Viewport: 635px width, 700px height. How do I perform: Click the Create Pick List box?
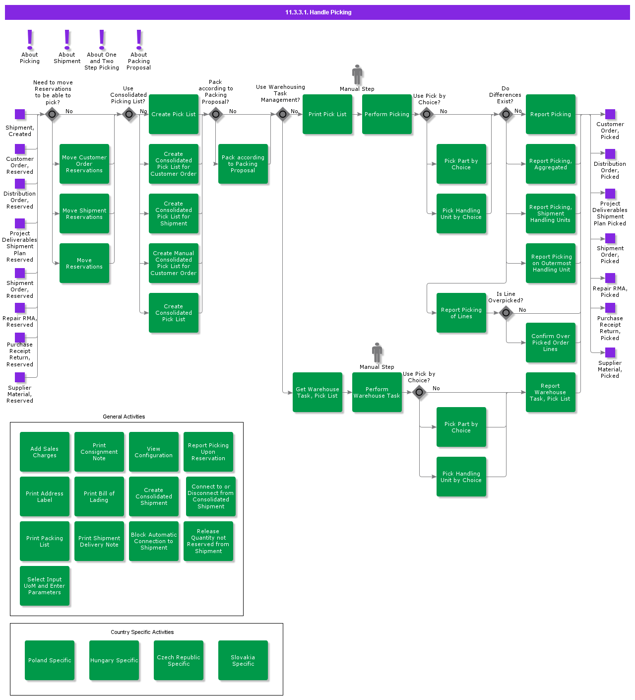pyautogui.click(x=174, y=114)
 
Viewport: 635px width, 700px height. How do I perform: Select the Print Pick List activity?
pyautogui.click(x=327, y=114)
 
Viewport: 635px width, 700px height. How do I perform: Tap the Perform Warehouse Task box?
pyautogui.click(x=377, y=392)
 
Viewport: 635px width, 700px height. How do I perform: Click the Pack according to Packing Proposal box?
pyautogui.click(x=243, y=164)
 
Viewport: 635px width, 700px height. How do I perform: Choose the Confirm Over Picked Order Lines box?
pyautogui.click(x=551, y=343)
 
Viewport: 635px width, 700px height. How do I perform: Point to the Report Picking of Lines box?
pyautogui.click(x=461, y=313)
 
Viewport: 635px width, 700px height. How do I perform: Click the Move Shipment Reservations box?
pyautogui.click(x=84, y=213)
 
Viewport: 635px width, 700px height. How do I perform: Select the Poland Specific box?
pyautogui.click(x=50, y=660)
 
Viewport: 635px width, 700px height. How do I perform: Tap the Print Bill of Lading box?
pyautogui.click(x=99, y=496)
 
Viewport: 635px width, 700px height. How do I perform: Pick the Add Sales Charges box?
pyautogui.click(x=45, y=452)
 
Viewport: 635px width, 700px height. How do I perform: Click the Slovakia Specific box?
pyautogui.click(x=243, y=660)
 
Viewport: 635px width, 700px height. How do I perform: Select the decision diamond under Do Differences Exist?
pyautogui.click(x=506, y=115)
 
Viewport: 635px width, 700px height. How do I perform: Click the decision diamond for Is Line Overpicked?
pyautogui.click(x=506, y=313)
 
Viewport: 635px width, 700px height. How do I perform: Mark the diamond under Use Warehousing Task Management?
pyautogui.click(x=283, y=115)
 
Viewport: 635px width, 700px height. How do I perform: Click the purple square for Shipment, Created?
pyautogui.click(x=20, y=115)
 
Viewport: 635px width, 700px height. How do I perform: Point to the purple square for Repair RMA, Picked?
pyautogui.click(x=610, y=278)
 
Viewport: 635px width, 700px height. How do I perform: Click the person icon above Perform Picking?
pyautogui.click(x=357, y=74)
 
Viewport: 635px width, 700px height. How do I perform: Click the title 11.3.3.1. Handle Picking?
pyautogui.click(x=318, y=12)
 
